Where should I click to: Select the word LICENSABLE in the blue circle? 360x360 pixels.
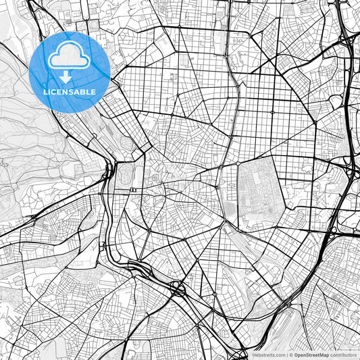(x=70, y=91)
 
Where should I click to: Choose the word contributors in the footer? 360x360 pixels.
(x=343, y=355)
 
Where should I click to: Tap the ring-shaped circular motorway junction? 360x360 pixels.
(x=179, y=288)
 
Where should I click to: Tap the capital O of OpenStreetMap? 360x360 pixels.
(x=295, y=355)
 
